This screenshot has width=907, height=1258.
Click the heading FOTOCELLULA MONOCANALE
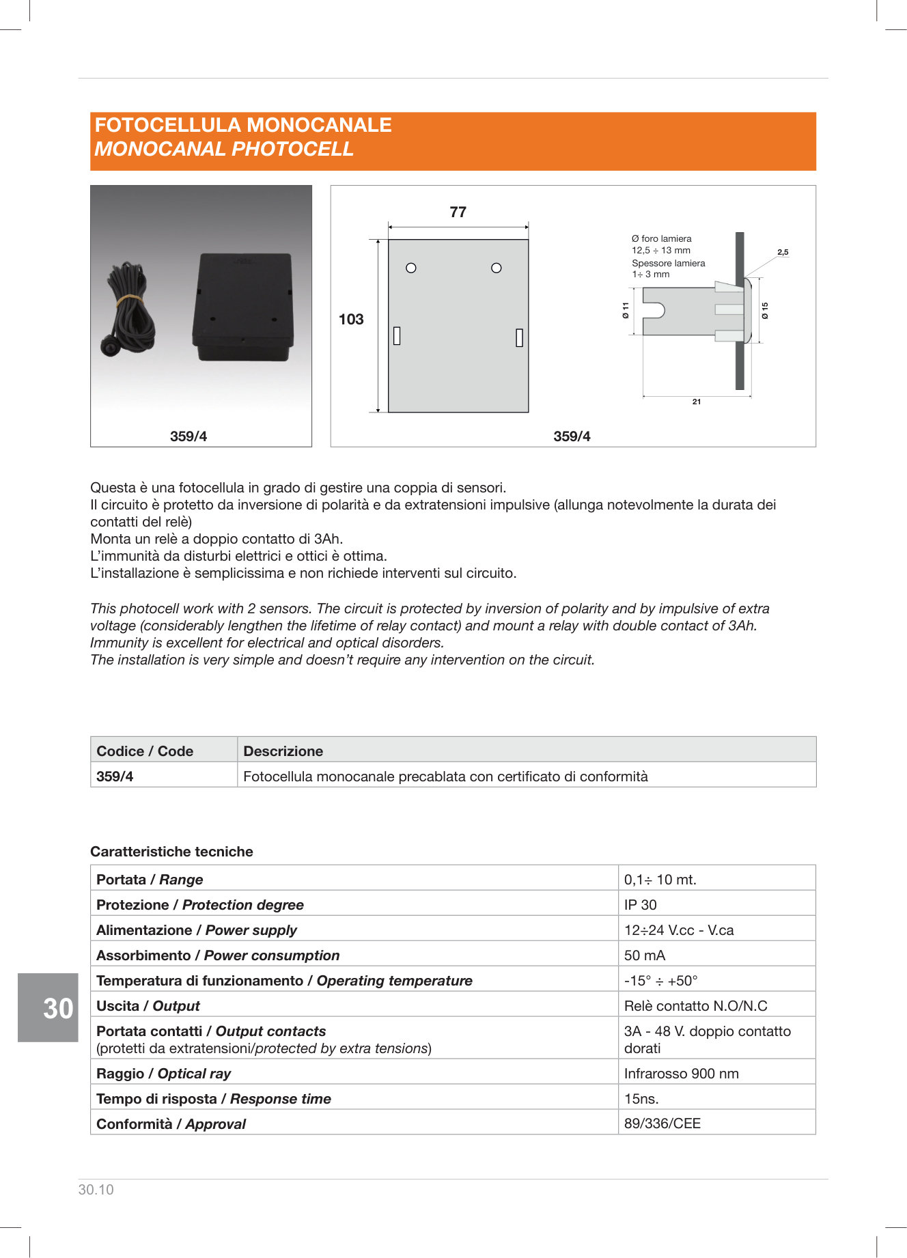pos(243,125)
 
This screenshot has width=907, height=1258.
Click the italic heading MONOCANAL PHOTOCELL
pos(224,149)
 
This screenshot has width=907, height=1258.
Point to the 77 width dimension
pos(458,212)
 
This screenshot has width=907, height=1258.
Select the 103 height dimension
pos(351,319)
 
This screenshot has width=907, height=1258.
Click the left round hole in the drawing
pos(411,268)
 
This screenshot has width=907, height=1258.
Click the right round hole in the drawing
pos(497,268)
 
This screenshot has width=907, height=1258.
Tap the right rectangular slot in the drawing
pos(519,337)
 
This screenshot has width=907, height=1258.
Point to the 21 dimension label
pos(697,402)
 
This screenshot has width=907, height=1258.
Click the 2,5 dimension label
pos(783,252)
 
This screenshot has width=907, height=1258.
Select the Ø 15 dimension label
pos(766,311)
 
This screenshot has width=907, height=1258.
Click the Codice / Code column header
pos(145,751)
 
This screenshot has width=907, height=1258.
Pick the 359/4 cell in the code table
pos(115,777)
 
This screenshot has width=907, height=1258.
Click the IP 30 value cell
pos(641,905)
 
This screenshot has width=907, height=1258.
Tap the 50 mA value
pos(645,955)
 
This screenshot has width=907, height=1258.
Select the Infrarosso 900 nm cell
pos(682,1074)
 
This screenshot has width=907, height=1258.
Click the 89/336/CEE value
pos(662,1123)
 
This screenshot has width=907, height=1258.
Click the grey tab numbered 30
pos(48,1007)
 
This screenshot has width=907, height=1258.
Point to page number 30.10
pos(96,1190)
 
